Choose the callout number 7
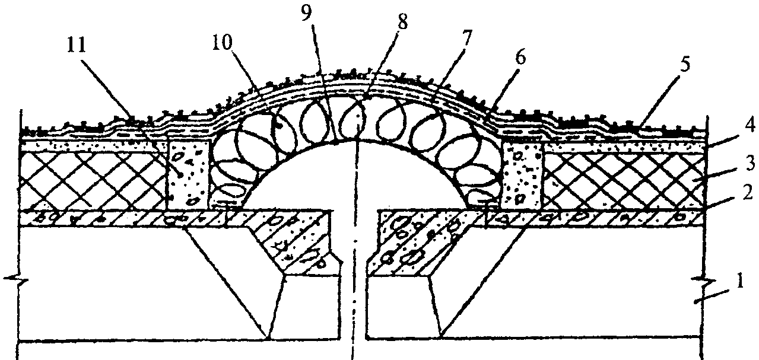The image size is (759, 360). (x=466, y=39)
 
